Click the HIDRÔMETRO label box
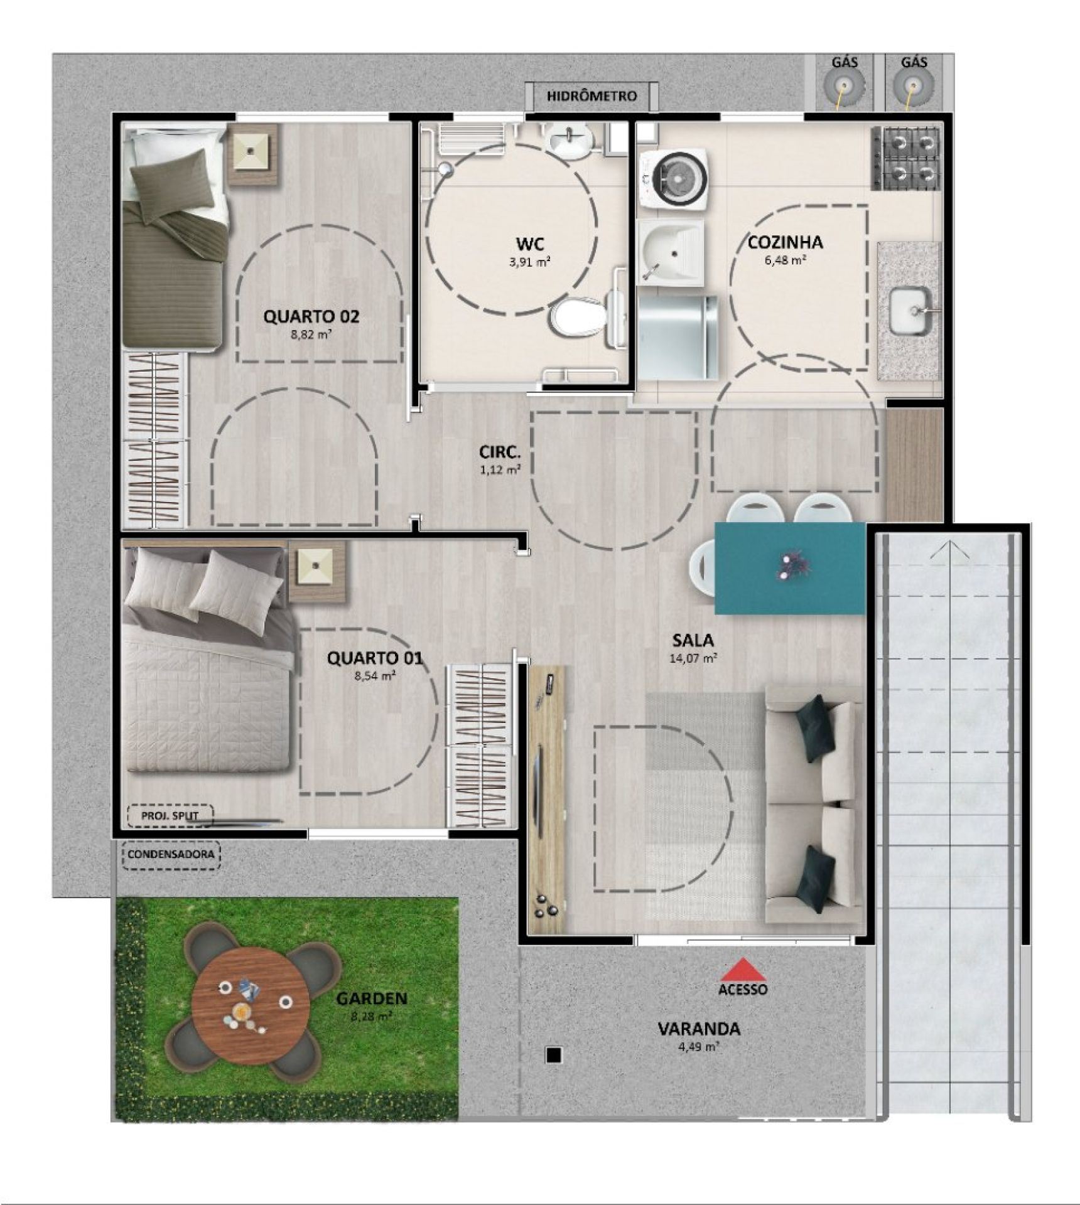[591, 96]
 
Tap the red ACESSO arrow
[743, 969]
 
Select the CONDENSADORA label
[171, 854]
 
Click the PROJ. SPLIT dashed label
[170, 816]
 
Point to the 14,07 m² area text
[693, 659]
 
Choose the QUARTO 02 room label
[311, 316]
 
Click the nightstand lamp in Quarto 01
[316, 572]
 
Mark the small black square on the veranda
[553, 1056]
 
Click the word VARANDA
[699, 1029]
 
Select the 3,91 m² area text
[530, 262]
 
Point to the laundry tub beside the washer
[670, 252]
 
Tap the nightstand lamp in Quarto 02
[252, 154]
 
